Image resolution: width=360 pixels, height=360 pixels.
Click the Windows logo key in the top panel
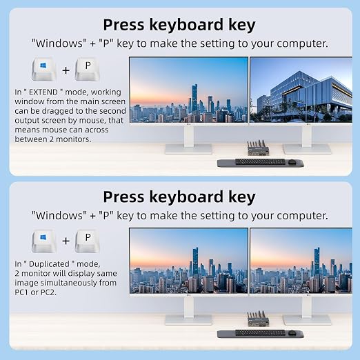pos(44,69)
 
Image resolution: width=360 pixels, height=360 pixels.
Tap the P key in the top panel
pos(88,69)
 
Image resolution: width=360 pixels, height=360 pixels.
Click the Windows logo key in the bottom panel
pos(44,241)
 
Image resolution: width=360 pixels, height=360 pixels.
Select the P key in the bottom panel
pos(88,241)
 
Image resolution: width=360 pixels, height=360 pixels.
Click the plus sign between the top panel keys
pos(66,70)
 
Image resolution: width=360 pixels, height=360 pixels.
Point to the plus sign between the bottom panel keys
pos(66,241)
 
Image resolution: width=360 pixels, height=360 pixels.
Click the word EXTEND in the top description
pos(43,92)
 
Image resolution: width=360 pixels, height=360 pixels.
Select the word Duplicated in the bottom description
pos(49,264)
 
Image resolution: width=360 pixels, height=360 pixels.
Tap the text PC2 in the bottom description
pos(48,292)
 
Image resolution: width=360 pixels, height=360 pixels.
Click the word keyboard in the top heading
pos(186,25)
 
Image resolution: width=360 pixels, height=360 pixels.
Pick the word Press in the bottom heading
pos(123,197)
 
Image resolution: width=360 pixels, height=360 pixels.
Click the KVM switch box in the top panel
pos(258,148)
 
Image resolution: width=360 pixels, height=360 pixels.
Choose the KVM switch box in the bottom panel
pos(258,319)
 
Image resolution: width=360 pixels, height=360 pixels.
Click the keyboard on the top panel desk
pos(260,161)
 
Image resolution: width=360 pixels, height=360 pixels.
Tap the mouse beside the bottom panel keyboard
pos(292,332)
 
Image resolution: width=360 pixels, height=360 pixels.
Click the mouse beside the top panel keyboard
pos(292,161)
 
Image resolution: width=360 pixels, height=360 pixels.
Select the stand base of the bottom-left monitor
pos(188,320)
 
